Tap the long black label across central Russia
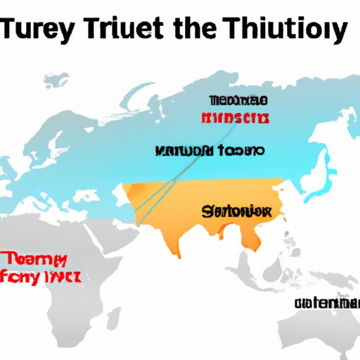coord(210,151)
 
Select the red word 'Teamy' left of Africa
coord(34,259)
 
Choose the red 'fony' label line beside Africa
coord(41,276)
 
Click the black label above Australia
coord(326,303)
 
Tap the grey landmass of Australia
coord(309,334)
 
